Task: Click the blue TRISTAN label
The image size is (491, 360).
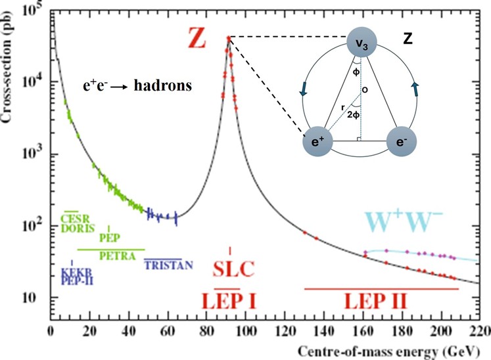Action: [x=169, y=265]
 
